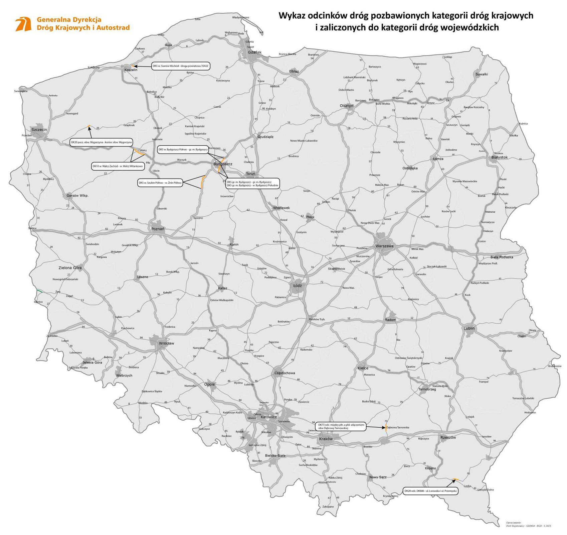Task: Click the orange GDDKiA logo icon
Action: (x=23, y=24)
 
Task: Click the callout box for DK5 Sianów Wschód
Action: (x=181, y=66)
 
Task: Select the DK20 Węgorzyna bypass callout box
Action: (x=102, y=142)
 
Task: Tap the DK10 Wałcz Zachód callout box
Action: (x=118, y=166)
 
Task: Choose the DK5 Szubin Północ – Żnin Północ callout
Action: (x=160, y=183)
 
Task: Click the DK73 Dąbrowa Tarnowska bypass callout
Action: (x=340, y=426)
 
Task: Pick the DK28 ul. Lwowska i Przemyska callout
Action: (x=430, y=491)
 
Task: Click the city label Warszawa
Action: (x=384, y=246)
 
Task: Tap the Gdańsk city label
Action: (x=254, y=52)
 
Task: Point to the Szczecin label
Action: (x=39, y=129)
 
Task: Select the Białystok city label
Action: (x=499, y=157)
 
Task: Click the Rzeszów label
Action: (x=448, y=437)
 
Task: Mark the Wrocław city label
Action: (x=166, y=343)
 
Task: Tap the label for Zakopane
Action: (x=328, y=507)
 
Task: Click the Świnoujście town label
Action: (x=21, y=91)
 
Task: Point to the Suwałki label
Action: (x=482, y=74)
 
